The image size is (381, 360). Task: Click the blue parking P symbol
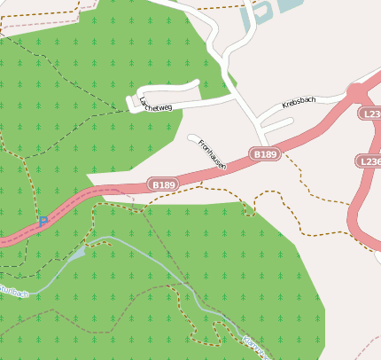click(x=42, y=222)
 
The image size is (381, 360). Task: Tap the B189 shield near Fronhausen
click(x=265, y=154)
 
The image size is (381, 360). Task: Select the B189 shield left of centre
click(x=164, y=184)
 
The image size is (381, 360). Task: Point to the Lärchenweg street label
click(x=155, y=104)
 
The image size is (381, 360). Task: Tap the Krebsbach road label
click(x=299, y=102)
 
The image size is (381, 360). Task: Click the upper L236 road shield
click(x=371, y=114)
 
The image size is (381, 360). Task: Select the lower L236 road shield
click(x=370, y=161)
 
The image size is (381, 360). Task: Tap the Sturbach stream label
click(x=12, y=292)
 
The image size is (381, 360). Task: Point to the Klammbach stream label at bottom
click(x=255, y=348)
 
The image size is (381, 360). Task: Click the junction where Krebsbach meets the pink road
click(x=355, y=91)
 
